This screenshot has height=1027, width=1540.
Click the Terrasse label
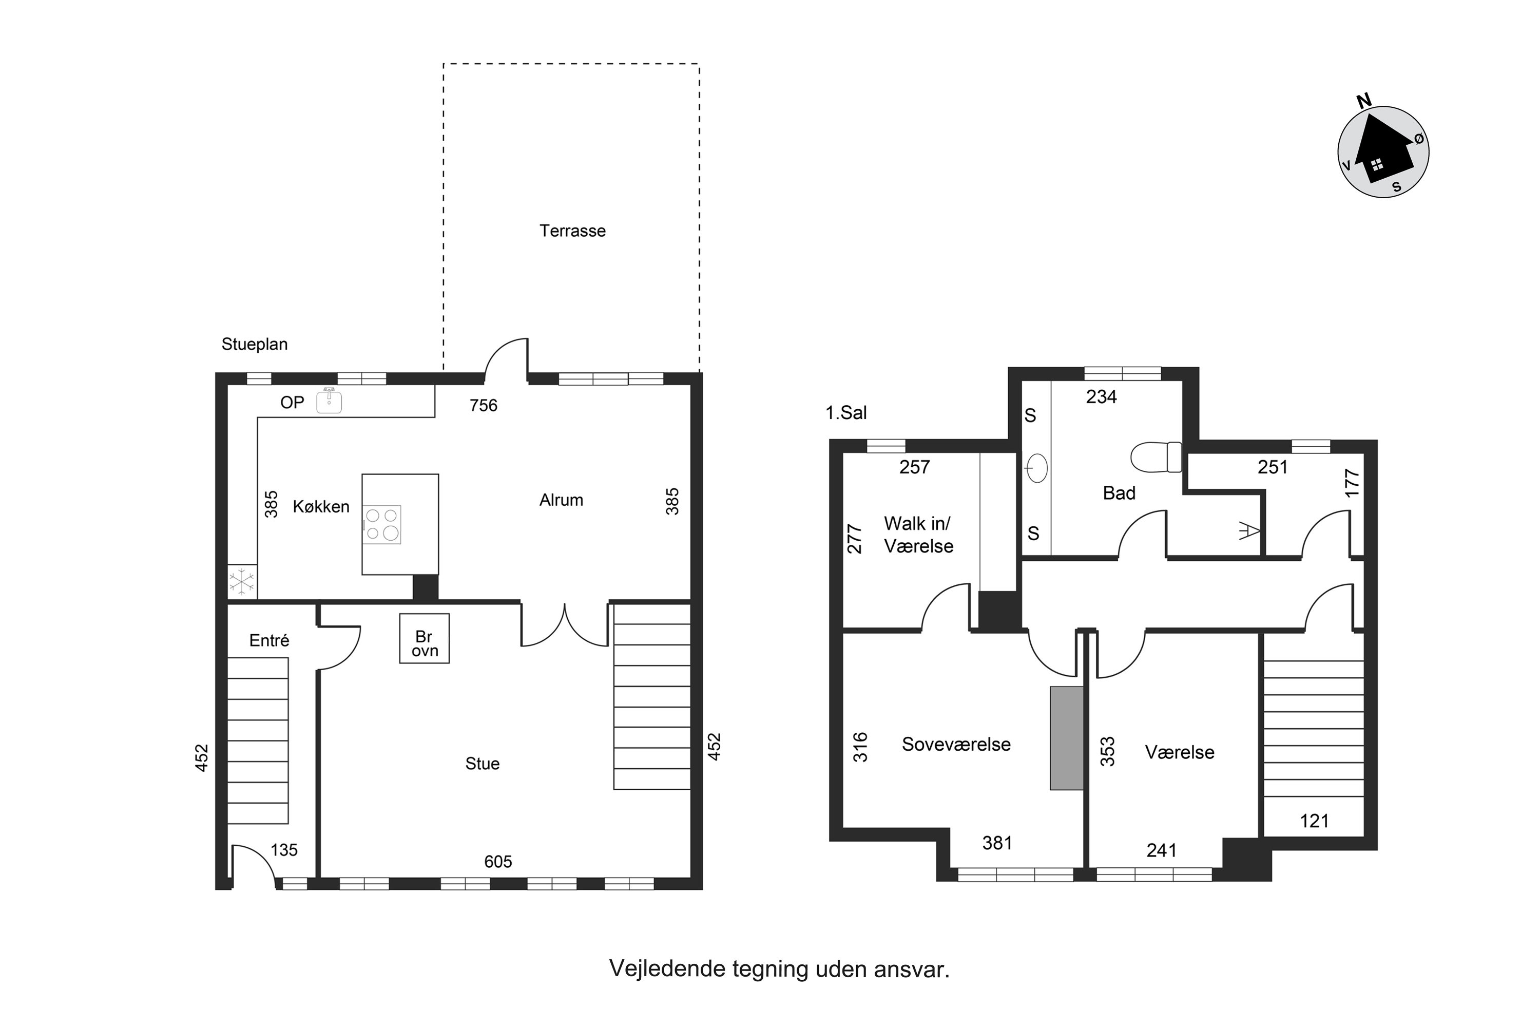[572, 231]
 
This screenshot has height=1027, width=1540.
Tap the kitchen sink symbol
[329, 401]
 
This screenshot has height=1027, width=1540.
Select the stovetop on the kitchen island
[382, 525]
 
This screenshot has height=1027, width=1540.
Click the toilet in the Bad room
[1157, 457]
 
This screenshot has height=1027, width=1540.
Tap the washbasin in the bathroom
[1036, 468]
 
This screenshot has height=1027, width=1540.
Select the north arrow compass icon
[1383, 150]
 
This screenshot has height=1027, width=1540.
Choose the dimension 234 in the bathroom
[1101, 396]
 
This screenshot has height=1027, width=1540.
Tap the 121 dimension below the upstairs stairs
[1314, 821]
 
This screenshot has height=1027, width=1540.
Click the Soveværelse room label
[956, 744]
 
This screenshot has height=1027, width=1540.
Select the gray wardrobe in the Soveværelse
[1067, 738]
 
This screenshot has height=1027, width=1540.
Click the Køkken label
[321, 506]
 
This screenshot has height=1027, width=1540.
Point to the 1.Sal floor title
[846, 413]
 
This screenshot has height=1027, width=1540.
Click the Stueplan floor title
[254, 344]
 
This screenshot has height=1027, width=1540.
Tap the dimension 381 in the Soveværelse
[997, 843]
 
